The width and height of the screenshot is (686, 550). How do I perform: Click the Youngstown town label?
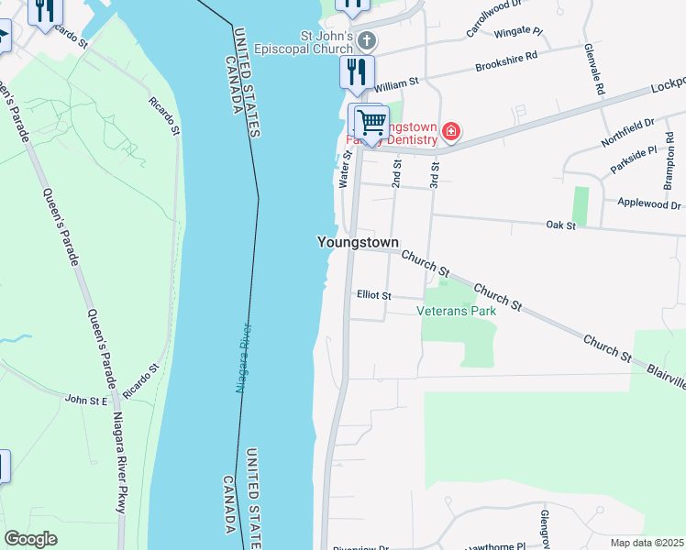point(358,243)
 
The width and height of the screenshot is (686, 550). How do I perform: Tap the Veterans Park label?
point(456,312)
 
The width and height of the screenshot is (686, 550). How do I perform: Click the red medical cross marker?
point(450,132)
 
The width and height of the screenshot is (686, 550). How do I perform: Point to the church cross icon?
point(366,40)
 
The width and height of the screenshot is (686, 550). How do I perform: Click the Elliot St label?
point(373,296)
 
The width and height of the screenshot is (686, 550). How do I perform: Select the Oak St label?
point(559,225)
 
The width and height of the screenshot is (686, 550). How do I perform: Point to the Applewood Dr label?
point(649,203)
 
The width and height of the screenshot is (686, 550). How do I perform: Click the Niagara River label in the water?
point(243,357)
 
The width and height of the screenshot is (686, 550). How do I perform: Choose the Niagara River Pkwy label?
point(119,463)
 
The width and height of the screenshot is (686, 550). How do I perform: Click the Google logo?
point(31,539)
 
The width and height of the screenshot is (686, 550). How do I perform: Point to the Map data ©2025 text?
point(647,543)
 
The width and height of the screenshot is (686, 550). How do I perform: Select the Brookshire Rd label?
point(504,67)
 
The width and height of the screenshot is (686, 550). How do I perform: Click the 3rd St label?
point(437,175)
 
